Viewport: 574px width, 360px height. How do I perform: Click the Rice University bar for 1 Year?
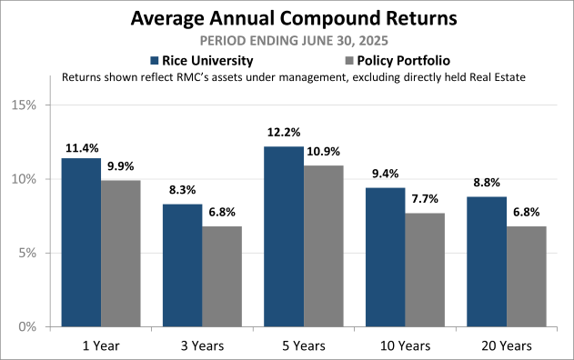coord(81,242)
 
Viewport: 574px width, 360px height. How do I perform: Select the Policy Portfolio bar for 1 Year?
coord(121,253)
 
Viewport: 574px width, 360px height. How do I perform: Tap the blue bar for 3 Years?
coord(182,265)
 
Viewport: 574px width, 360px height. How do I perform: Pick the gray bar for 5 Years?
coord(323,245)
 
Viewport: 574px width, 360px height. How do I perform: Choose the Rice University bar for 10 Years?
coord(384,256)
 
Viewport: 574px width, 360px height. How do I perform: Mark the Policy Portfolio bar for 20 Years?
coord(525,275)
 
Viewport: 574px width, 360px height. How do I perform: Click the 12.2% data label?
coord(285,133)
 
